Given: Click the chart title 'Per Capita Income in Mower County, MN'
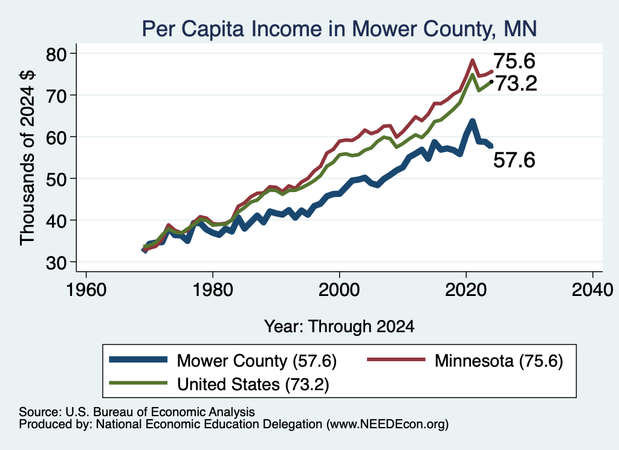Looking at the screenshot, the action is click(339, 29).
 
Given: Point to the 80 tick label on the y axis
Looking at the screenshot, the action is click(57, 54).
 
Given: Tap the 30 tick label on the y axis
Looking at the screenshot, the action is click(57, 263).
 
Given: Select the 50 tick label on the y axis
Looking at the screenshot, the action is click(57, 179).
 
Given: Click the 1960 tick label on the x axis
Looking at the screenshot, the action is click(86, 290).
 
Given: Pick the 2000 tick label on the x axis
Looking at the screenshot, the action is click(339, 290).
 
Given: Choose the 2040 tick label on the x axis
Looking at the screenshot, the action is click(592, 290).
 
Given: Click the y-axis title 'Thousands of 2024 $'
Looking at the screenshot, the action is click(28, 158).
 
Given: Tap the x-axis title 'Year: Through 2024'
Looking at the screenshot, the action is click(339, 327).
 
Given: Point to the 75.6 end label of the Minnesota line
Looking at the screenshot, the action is click(514, 61).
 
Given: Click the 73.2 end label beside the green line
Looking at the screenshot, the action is click(516, 83).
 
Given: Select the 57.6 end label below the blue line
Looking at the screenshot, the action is click(514, 160).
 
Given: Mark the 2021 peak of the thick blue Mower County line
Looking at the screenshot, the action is click(472, 121).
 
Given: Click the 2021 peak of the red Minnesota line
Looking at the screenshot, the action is click(472, 61).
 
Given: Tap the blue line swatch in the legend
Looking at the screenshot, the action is click(138, 359).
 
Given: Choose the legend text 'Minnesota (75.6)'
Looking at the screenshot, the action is click(499, 361).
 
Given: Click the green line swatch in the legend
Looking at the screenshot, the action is click(138, 383).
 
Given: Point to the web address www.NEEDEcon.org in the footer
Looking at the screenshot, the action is click(387, 425).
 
